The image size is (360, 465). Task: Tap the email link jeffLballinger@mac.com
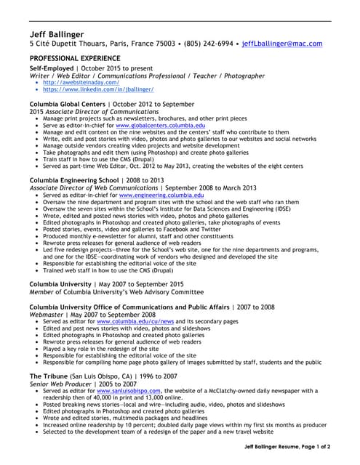[281, 44]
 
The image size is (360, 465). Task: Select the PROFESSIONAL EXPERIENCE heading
[75, 57]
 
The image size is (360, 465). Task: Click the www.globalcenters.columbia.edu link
[150, 126]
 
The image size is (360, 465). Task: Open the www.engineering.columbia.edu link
[151, 195]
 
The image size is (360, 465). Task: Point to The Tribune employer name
[49, 376]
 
